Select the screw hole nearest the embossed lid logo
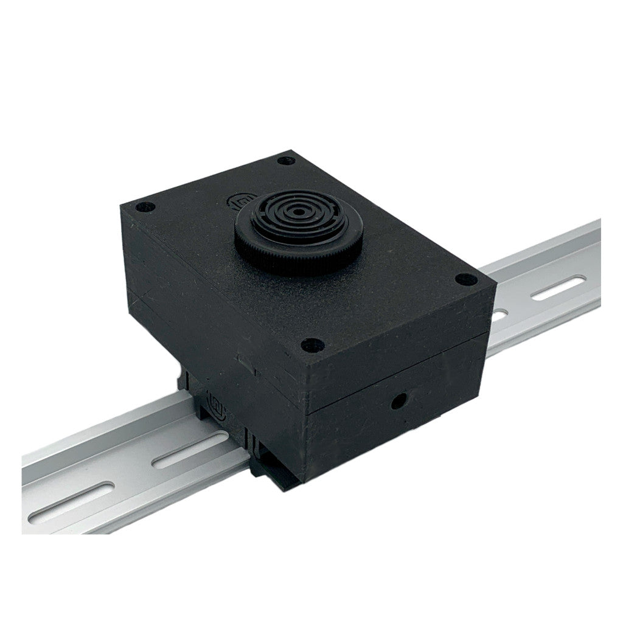284,161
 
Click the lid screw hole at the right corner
465,280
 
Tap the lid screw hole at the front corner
313,345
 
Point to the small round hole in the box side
399,400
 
